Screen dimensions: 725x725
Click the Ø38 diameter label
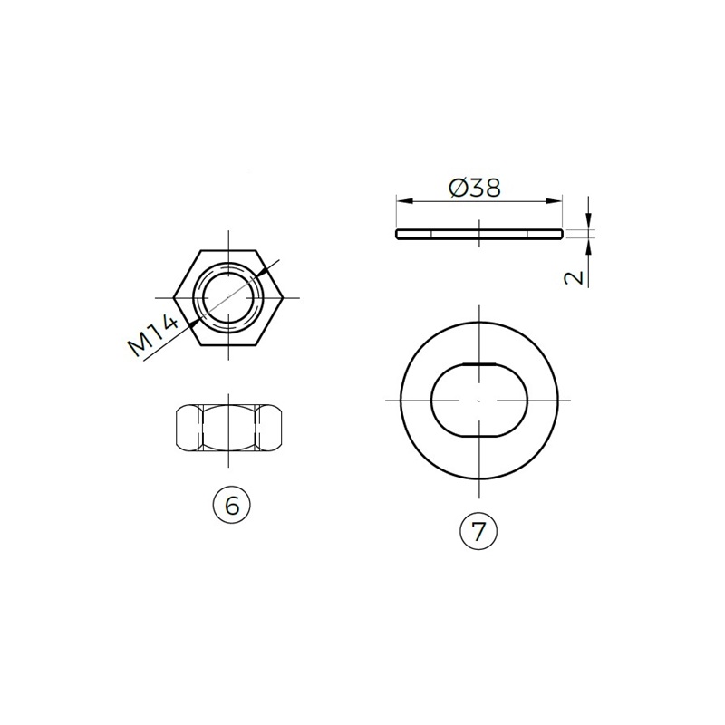tap(475, 188)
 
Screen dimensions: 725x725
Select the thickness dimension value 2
tap(575, 278)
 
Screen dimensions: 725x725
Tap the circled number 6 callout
tap(232, 506)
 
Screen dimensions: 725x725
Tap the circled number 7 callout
tap(478, 531)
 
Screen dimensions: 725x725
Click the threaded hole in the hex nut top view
tap(228, 297)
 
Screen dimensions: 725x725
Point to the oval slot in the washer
tap(479, 400)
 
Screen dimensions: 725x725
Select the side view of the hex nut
tap(229, 428)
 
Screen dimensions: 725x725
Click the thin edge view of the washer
tap(479, 234)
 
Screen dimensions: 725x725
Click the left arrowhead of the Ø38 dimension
tap(403, 201)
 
